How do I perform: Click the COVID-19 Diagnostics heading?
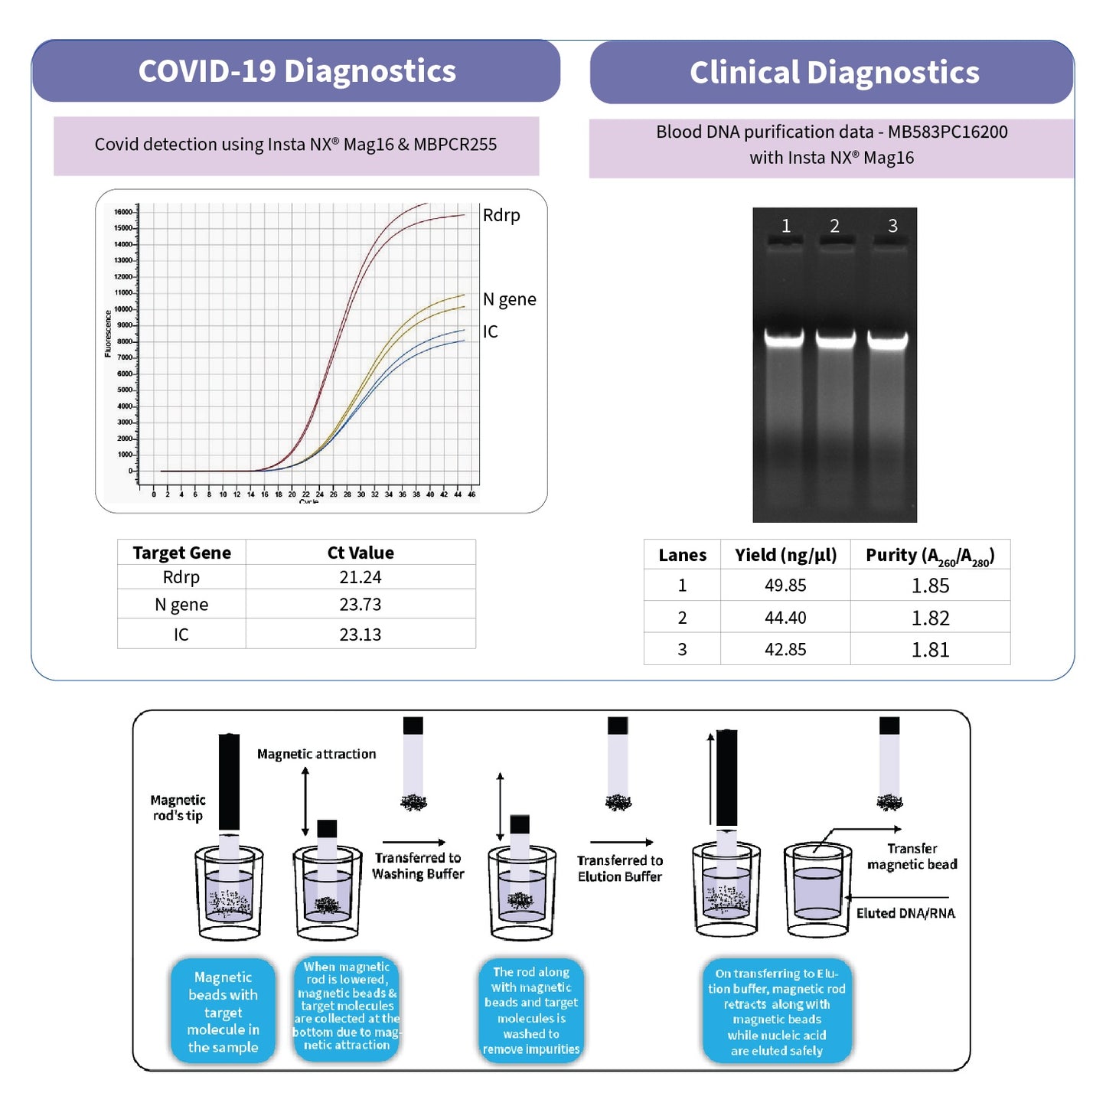[297, 71]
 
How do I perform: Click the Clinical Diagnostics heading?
[834, 73]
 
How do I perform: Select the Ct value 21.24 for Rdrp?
[361, 577]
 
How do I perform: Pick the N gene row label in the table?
[181, 605]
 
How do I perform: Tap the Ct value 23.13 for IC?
[361, 635]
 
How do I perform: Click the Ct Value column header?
[361, 553]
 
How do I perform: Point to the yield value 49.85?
[785, 586]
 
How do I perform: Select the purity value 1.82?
[930, 618]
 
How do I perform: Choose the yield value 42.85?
[785, 650]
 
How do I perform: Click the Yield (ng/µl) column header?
[785, 555]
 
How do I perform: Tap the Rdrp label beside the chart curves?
[501, 215]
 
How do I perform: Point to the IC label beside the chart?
[490, 331]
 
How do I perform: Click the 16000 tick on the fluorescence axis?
[122, 212]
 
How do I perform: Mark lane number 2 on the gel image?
[834, 226]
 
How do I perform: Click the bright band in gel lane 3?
[888, 339]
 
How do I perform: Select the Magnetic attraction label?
[316, 754]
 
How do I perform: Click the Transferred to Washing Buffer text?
[418, 866]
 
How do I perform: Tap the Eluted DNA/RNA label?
[905, 913]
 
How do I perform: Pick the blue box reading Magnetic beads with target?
[223, 1011]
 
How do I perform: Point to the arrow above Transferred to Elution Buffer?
[622, 843]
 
